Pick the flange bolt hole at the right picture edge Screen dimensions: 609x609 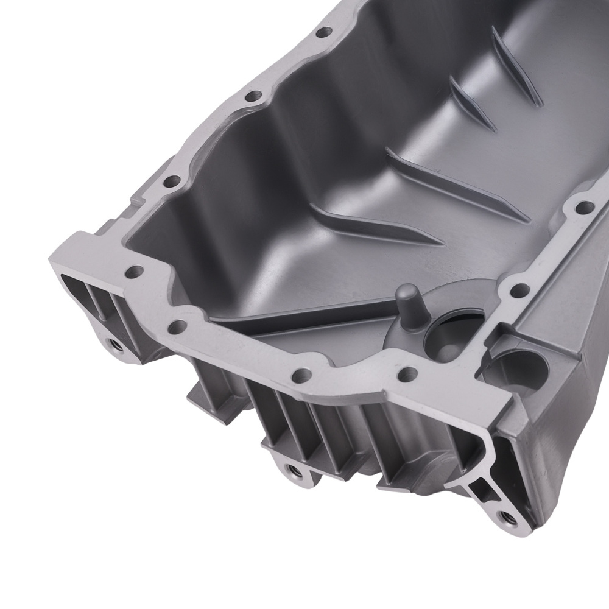tap(586, 208)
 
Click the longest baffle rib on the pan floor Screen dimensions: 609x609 tap(457, 183)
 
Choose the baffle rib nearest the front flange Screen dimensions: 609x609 tap(378, 225)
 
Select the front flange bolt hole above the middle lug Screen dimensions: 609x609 tap(300, 373)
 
